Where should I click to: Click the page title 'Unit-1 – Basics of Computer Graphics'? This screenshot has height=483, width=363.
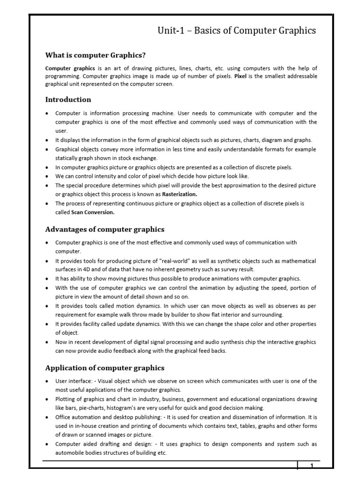[236, 31]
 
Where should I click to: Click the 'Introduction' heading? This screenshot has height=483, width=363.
[68, 100]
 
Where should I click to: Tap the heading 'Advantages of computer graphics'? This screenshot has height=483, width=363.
[104, 229]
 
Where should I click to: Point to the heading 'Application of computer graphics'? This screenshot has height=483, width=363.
[105, 367]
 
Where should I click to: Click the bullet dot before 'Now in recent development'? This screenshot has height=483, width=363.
[47, 342]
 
